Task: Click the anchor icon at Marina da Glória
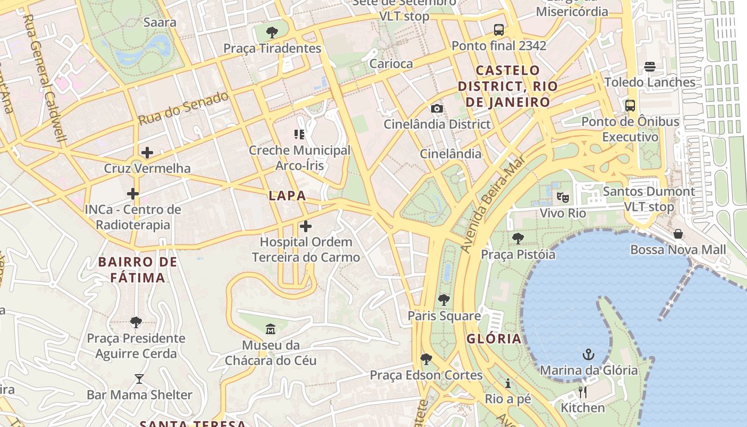pos(588,354)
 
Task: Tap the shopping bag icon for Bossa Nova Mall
pos(678,234)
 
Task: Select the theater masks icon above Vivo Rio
pos(562,197)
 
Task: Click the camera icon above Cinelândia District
pos(437,108)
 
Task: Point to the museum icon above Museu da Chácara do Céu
pos(271,329)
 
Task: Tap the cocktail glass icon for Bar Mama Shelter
pos(139,379)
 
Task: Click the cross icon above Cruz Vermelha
pos(147,153)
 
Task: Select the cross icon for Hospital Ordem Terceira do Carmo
pos(305,226)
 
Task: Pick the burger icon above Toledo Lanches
pos(649,67)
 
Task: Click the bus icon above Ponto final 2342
pos(499,30)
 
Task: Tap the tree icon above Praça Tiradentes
pos(272,33)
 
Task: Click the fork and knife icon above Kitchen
pos(583,392)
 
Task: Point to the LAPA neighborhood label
pos(288,196)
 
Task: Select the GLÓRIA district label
pos(494,339)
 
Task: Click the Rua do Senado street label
pos(184,108)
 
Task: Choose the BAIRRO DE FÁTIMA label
pos(138,270)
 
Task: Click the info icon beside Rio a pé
pos(507,383)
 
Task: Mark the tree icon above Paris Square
pos(443,300)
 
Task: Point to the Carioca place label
pos(391,64)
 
